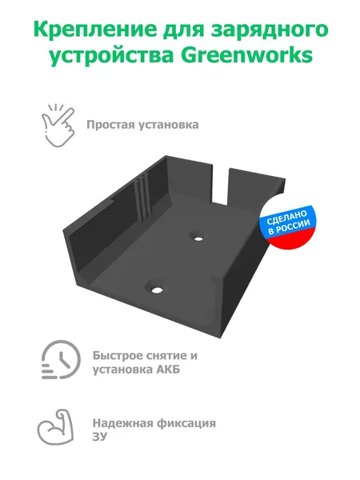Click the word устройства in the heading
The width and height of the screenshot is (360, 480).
coord(111,57)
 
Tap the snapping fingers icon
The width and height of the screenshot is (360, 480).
coord(58,126)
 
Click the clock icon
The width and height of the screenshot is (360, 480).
coord(61,359)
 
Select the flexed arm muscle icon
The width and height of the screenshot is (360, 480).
coord(55,426)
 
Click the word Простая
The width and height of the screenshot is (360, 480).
coord(110,125)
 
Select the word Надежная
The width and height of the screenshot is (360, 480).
coord(122,423)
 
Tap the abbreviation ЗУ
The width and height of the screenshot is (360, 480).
coord(100,437)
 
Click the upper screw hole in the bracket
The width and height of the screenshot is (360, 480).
coord(198,238)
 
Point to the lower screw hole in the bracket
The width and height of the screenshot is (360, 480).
coord(156,289)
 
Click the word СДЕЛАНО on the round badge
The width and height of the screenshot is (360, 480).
coord(286,218)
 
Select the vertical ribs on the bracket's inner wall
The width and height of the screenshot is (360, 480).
coord(142,197)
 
